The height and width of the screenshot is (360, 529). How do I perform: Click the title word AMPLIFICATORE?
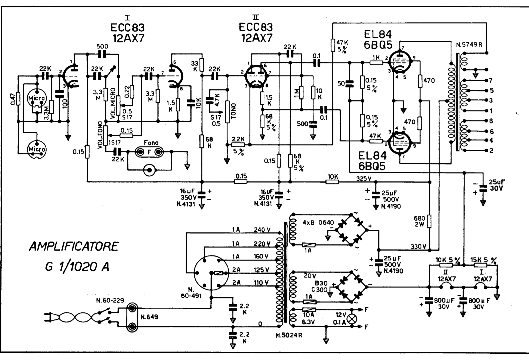pyautogui.click(x=74, y=247)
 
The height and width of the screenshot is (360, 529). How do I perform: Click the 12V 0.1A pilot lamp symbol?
pyautogui.click(x=351, y=319)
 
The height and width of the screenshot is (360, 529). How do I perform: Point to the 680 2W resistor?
pyautogui.click(x=429, y=221)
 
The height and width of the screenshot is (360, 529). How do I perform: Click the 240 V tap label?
pyautogui.click(x=262, y=230)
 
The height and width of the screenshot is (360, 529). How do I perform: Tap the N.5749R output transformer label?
pyautogui.click(x=469, y=45)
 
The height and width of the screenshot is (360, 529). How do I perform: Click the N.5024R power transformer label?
pyautogui.click(x=289, y=335)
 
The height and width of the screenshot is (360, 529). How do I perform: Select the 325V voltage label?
pyautogui.click(x=364, y=179)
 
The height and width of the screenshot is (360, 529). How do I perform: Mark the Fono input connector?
pyautogui.click(x=149, y=152)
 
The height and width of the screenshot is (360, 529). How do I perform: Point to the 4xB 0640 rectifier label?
pyautogui.click(x=318, y=223)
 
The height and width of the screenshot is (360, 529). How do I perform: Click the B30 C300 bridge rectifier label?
pyautogui.click(x=321, y=286)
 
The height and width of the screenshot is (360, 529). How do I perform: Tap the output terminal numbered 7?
pyautogui.click(x=490, y=80)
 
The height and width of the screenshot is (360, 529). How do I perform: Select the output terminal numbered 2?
pyautogui.click(x=490, y=151)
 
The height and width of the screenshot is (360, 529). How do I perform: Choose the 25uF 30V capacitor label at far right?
pyautogui.click(x=496, y=185)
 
